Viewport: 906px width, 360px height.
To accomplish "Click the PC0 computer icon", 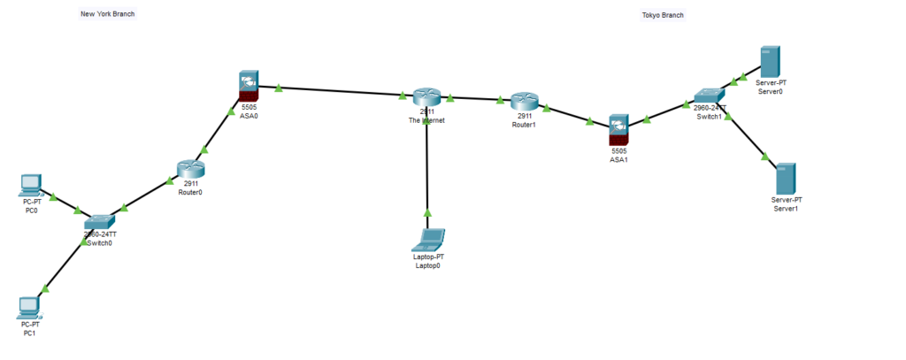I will point(31,185).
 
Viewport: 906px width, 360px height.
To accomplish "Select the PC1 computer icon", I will point(30,307).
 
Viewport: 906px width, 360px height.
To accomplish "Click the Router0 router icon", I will point(189,169).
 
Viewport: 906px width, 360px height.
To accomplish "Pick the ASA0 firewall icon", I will point(249,86).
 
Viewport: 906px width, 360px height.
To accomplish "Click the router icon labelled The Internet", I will point(426,96).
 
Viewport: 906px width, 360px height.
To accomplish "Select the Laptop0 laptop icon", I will point(429,239).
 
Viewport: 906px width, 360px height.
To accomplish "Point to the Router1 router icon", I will point(524,101).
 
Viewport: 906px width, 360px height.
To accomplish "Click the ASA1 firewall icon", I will point(618,128).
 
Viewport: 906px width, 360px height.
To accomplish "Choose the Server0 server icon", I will point(770,61).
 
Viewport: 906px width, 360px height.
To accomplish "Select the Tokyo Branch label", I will point(663,15).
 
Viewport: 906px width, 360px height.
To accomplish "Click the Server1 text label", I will point(787,209).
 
